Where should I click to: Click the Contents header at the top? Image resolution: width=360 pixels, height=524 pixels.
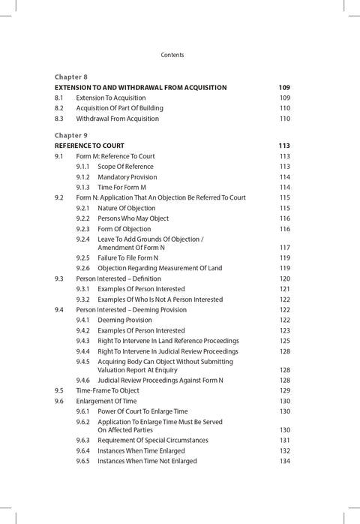172,55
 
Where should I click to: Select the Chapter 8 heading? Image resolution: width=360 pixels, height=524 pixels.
71,77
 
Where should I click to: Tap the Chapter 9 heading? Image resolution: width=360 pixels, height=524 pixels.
71,135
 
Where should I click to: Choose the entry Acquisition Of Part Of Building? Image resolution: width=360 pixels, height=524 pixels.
119,108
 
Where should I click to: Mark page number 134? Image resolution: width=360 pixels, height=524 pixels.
284,460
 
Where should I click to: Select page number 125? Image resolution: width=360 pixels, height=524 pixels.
284,341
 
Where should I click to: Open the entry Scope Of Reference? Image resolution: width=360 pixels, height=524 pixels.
125,167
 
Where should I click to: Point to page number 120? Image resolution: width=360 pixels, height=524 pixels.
284,278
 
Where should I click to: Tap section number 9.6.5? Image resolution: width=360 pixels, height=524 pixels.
83,460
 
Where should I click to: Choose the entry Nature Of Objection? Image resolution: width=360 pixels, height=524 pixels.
127,208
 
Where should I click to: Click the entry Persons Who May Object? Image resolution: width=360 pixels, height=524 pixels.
133,218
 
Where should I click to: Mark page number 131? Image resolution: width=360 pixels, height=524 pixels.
284,440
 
